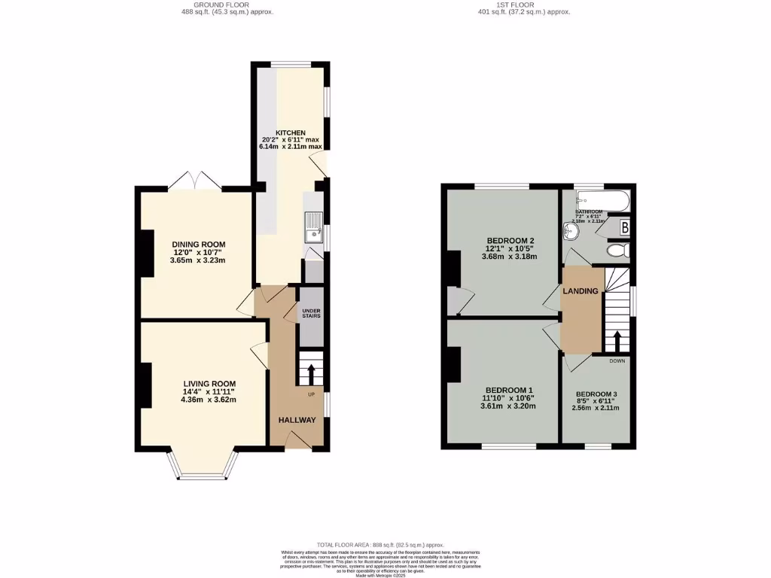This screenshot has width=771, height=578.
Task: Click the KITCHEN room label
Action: click(x=290, y=132)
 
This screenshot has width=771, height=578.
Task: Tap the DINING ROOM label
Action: click(x=199, y=245)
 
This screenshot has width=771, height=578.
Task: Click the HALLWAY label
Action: click(x=297, y=420)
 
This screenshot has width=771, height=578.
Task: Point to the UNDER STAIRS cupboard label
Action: click(x=310, y=313)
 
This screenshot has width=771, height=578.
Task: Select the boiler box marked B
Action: click(x=624, y=227)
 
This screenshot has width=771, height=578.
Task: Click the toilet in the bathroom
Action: click(x=618, y=251)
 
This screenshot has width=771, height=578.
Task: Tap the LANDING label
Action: click(x=581, y=291)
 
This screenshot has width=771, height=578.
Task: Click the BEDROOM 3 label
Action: click(x=596, y=394)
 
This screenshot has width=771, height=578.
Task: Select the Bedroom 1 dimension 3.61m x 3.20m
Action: click(x=508, y=406)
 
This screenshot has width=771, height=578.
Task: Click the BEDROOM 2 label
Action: click(x=510, y=241)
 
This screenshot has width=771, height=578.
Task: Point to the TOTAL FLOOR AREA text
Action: click(x=380, y=544)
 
